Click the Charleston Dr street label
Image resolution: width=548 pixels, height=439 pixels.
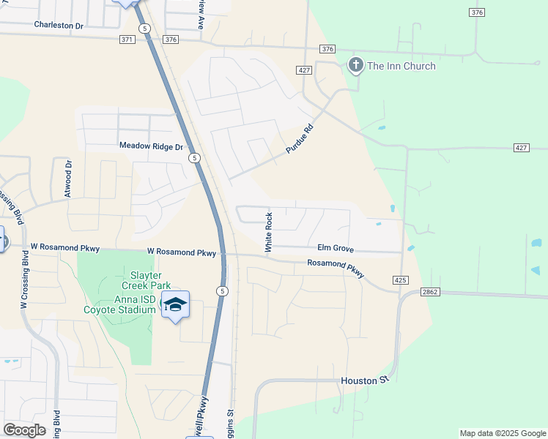[59, 25]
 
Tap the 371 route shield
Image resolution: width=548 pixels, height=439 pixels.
[125, 40]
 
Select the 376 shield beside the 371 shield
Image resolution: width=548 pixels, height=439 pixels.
[171, 40]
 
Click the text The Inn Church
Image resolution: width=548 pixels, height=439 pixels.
[401, 66]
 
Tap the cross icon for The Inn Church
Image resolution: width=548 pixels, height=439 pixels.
[355, 66]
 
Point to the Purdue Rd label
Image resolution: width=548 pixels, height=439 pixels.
[299, 137]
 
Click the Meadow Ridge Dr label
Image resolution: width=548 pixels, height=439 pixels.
[151, 146]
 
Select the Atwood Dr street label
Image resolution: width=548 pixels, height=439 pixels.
[68, 179]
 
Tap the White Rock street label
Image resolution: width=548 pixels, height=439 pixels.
[269, 233]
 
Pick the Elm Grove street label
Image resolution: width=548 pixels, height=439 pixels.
[336, 248]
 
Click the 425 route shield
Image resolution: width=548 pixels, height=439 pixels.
[400, 280]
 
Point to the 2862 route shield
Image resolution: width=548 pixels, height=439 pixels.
[429, 292]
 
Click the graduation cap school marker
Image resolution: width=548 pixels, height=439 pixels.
[175, 304]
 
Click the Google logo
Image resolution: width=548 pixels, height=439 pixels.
[24, 430]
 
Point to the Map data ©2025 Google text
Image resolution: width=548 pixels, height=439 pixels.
[502, 433]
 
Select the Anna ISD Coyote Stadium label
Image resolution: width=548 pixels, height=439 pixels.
[135, 304]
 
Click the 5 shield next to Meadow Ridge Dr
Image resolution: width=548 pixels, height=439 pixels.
[193, 157]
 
